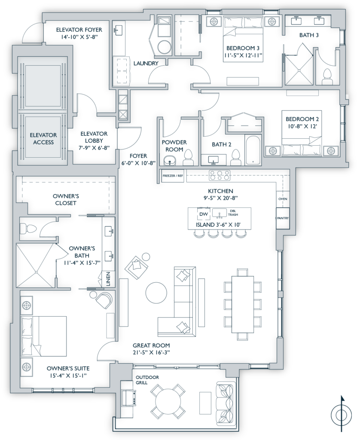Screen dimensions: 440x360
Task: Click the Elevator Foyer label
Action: [79, 30]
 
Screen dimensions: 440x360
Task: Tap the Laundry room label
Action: [146, 63]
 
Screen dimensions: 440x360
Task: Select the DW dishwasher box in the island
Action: [203, 213]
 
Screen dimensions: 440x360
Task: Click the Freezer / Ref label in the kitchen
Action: [173, 176]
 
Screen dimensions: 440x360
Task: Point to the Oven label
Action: [283, 199]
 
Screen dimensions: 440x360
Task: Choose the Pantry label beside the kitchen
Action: [283, 218]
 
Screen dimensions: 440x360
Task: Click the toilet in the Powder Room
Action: [188, 159]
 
